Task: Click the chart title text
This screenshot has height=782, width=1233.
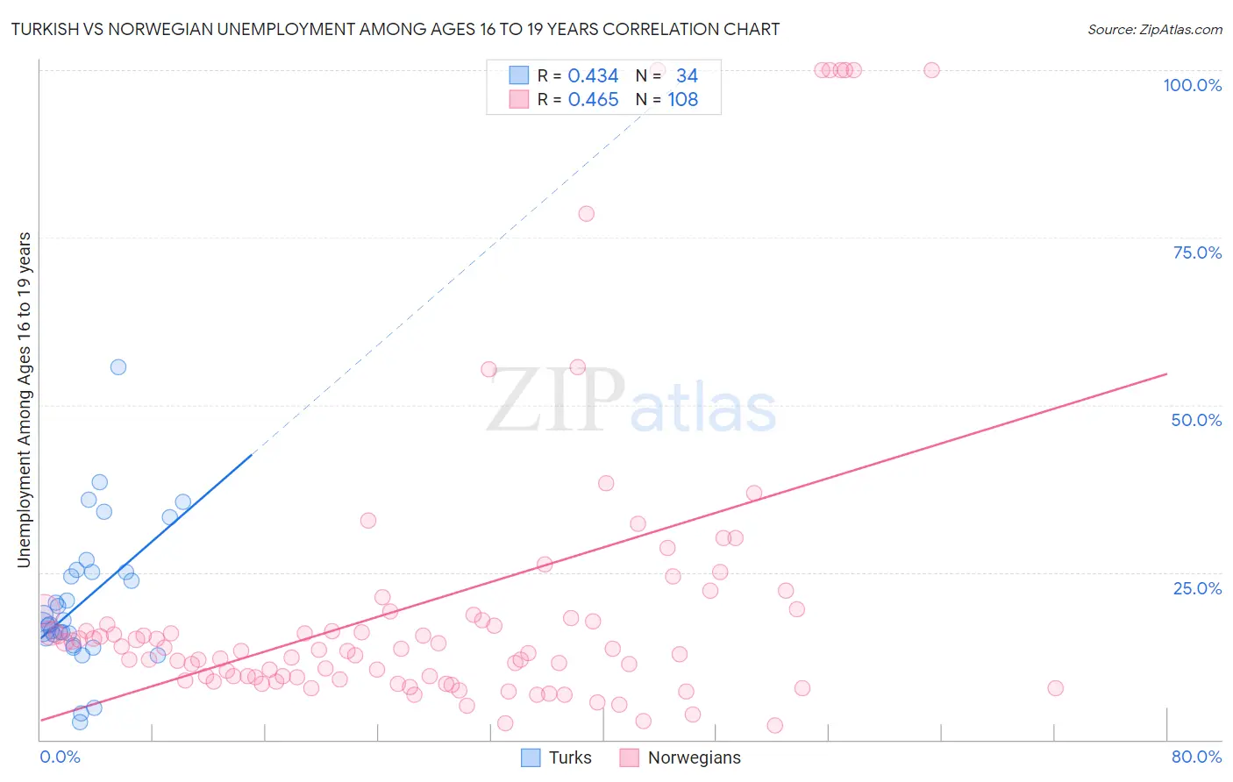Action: pyautogui.click(x=395, y=30)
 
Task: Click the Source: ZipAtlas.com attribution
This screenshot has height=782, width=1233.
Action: pyautogui.click(x=1154, y=30)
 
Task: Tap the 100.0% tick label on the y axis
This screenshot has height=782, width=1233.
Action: pyautogui.click(x=1192, y=85)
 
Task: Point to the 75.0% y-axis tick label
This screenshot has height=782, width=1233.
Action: pyautogui.click(x=1197, y=252)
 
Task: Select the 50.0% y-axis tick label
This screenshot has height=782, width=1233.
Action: pyautogui.click(x=1196, y=420)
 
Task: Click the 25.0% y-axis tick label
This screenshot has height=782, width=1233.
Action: pyautogui.click(x=1197, y=587)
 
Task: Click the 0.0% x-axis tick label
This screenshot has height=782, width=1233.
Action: pyautogui.click(x=60, y=757)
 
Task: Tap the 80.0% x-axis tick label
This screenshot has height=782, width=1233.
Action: pyautogui.click(x=1196, y=757)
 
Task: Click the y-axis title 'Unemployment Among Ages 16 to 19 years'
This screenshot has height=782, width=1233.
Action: pyautogui.click(x=25, y=400)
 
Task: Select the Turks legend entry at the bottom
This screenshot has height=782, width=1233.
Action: pyautogui.click(x=557, y=757)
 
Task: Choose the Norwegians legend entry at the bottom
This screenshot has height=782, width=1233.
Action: pyautogui.click(x=681, y=757)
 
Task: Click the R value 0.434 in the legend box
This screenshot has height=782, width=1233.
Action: pyautogui.click(x=593, y=76)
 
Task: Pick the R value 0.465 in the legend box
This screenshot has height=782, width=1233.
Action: pyautogui.click(x=593, y=100)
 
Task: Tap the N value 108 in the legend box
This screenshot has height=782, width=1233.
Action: pyautogui.click(x=682, y=100)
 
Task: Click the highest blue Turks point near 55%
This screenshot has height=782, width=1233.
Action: pyautogui.click(x=118, y=367)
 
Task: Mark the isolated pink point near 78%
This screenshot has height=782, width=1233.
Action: pyautogui.click(x=586, y=214)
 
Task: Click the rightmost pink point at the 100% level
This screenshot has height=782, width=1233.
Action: pyautogui.click(x=931, y=70)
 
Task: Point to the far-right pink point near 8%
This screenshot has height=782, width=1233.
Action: pyautogui.click(x=1055, y=688)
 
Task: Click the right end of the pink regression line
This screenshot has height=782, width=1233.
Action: pyautogui.click(x=1166, y=374)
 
